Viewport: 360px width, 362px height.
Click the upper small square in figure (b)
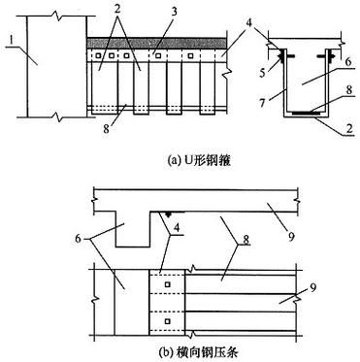167,284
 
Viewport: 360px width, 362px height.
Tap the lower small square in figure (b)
167,319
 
